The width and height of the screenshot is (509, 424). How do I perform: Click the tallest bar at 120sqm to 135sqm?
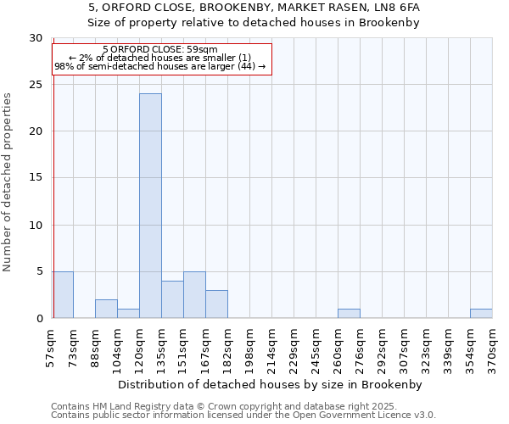[150, 206]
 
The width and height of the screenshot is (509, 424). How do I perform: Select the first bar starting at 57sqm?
[63, 295]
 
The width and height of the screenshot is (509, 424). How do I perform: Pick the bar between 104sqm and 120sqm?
[128, 314]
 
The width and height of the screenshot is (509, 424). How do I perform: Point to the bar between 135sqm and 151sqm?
[172, 299]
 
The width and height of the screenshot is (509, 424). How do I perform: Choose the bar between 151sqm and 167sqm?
[194, 295]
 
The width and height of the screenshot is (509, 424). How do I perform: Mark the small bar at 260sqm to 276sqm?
[349, 314]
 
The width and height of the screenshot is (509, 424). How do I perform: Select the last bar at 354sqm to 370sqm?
[481, 314]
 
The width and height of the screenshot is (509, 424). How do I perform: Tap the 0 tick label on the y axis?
[39, 318]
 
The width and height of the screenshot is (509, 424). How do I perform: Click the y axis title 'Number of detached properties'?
[8, 182]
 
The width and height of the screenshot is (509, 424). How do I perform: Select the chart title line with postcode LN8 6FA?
[254, 7]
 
